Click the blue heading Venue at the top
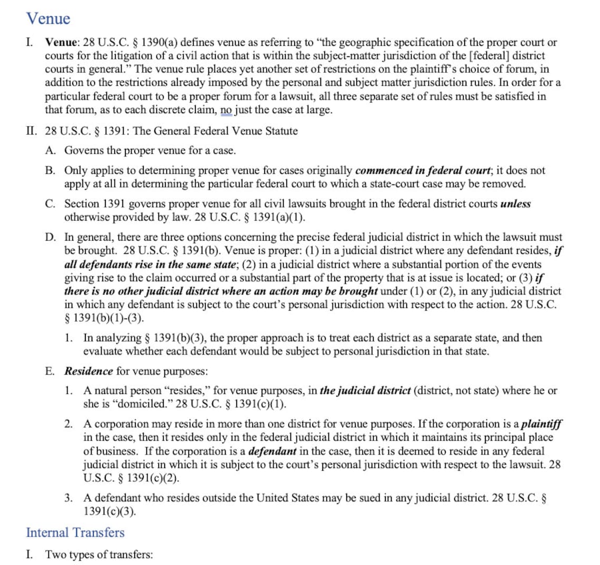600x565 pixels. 48,19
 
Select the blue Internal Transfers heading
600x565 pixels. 75,532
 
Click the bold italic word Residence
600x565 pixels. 88,371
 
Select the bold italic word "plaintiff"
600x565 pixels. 542,424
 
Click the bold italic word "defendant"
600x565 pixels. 272,451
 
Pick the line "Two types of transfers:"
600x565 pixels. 99,554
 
